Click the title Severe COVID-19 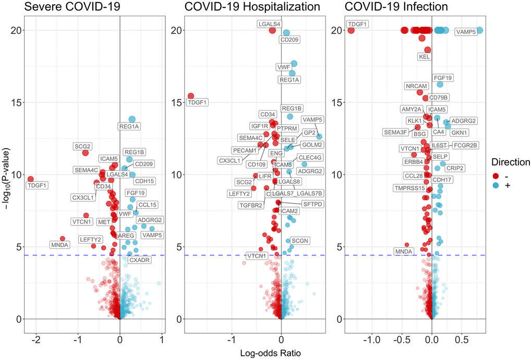point(68,7)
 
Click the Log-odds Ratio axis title point(270,353)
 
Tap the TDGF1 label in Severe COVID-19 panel point(38,185)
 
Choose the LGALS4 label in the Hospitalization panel point(269,24)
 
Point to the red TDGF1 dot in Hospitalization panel point(191,96)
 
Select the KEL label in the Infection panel point(425,56)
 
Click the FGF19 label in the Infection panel point(443,78)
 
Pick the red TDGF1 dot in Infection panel point(351,30)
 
